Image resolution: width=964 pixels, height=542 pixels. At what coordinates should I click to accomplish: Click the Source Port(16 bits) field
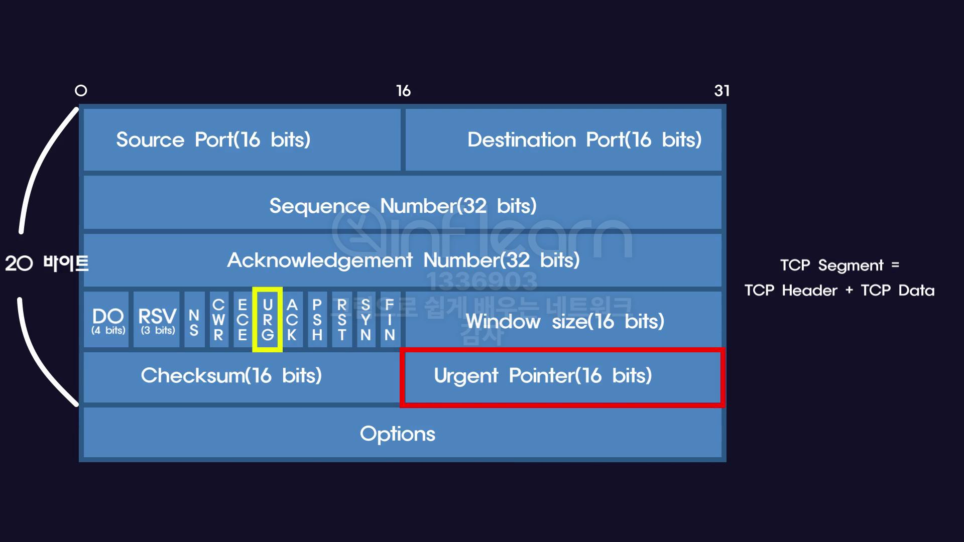tap(242, 140)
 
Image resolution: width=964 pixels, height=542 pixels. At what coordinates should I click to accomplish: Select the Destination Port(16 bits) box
tap(563, 140)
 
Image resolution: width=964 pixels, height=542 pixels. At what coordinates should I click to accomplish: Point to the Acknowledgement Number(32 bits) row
tap(402, 260)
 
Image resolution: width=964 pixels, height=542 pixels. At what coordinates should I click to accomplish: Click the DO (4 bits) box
tap(106, 320)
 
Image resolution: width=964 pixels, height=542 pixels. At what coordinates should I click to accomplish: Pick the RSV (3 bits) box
tap(157, 320)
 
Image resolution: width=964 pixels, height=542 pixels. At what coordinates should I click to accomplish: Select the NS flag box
tap(194, 320)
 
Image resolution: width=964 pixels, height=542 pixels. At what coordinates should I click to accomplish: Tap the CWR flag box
tap(218, 320)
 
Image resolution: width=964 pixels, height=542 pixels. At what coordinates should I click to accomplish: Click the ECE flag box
tap(243, 320)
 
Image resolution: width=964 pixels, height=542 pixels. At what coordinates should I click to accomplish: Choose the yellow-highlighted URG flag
tap(268, 320)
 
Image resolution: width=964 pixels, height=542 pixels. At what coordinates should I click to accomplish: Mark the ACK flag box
tap(292, 320)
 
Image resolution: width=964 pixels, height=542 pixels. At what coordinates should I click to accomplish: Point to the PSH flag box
tap(317, 320)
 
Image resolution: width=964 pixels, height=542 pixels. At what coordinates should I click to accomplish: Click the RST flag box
tap(341, 320)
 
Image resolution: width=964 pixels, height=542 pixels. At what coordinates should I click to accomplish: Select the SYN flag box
tap(366, 320)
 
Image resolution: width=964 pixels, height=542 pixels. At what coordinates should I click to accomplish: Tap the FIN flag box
tap(390, 320)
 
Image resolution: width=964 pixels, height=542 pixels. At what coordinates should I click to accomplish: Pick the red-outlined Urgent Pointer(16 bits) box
tap(562, 377)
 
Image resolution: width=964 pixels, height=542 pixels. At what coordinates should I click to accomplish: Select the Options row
tap(402, 433)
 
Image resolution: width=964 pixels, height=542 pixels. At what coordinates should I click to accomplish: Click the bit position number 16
tap(403, 91)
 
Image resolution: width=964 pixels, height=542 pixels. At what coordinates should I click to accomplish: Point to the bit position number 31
tap(721, 91)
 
